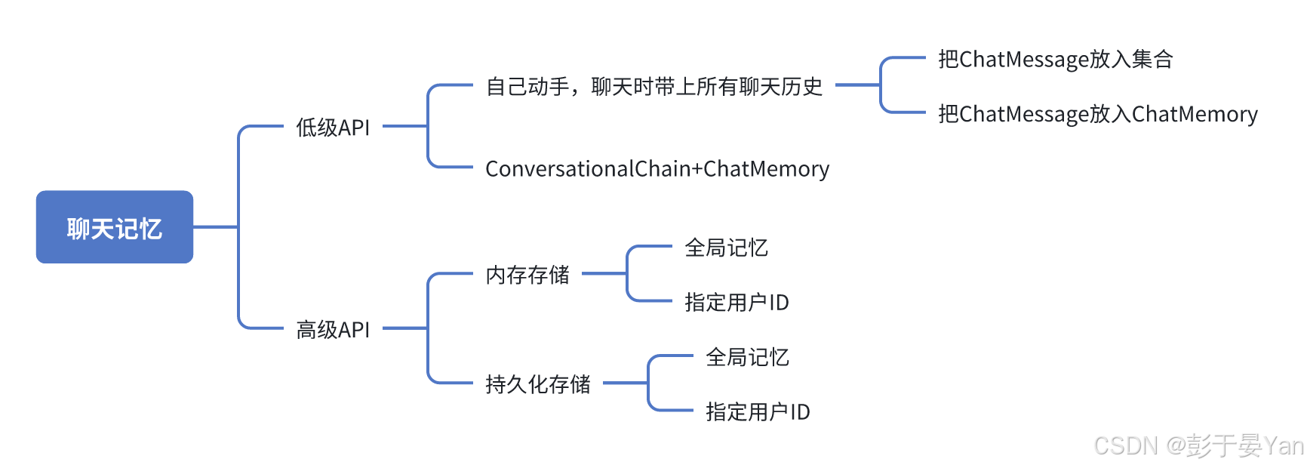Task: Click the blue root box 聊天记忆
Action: (x=115, y=227)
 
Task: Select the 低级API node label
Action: (x=333, y=128)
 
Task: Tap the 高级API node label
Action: (x=333, y=330)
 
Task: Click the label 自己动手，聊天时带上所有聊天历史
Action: (x=653, y=87)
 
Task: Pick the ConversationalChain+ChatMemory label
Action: (x=657, y=169)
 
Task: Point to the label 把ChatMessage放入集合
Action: (x=1055, y=59)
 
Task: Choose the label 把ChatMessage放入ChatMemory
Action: (x=1097, y=114)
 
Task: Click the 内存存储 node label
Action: (x=527, y=275)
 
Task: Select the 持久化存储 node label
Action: (x=537, y=384)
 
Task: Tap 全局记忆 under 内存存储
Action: (x=726, y=248)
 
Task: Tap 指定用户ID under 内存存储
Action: (x=736, y=303)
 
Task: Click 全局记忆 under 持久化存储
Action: (x=747, y=357)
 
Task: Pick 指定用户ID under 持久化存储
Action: (x=757, y=412)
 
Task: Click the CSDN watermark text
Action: (x=1198, y=445)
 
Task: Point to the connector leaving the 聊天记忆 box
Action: (x=215, y=226)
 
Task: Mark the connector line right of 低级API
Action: (x=404, y=126)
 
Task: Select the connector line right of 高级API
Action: (x=404, y=328)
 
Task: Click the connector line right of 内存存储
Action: (x=604, y=273)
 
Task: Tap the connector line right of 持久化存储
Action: (x=625, y=383)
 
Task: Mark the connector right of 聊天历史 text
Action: (x=857, y=85)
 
